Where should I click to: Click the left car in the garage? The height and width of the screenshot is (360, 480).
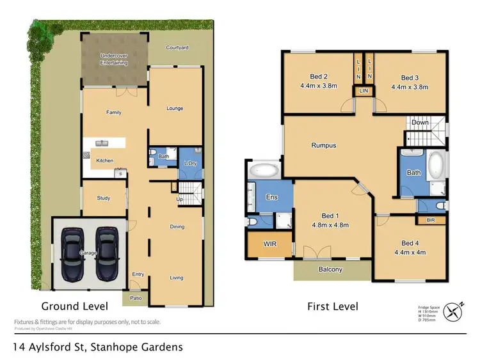click(74, 254)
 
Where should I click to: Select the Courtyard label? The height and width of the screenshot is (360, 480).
click(177, 48)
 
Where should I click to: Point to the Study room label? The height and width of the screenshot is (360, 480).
click(103, 198)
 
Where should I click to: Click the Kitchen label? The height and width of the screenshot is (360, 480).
click(104, 160)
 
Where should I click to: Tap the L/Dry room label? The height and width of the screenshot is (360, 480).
click(190, 164)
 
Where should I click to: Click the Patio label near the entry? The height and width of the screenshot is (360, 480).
click(136, 297)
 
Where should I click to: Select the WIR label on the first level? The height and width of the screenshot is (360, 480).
click(269, 244)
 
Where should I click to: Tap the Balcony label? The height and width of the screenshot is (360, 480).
click(330, 269)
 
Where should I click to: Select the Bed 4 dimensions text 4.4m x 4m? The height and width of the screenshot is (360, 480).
click(409, 252)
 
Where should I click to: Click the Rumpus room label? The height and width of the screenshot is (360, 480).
click(323, 145)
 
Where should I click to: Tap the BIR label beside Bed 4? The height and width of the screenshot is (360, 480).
click(431, 220)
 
